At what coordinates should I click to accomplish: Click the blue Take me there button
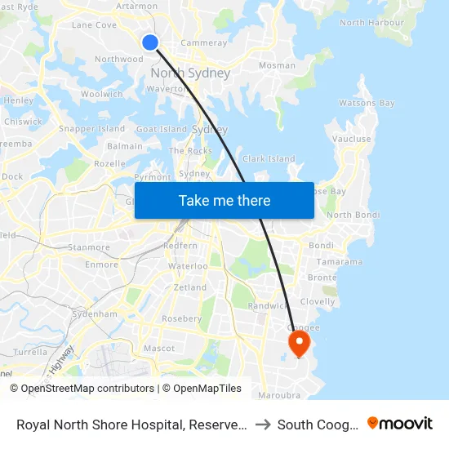(224, 200)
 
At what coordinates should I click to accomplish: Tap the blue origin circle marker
(150, 42)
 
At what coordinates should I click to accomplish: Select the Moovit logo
(400, 424)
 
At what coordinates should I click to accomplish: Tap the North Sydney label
(190, 73)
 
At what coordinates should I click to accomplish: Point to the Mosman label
(277, 65)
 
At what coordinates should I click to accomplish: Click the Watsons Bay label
(367, 104)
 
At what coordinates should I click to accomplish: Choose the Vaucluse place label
(352, 140)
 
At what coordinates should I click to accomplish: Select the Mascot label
(159, 349)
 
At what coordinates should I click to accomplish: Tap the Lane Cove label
(95, 25)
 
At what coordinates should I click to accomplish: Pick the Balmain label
(125, 146)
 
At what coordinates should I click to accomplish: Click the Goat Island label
(162, 129)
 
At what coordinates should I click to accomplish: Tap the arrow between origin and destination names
(263, 425)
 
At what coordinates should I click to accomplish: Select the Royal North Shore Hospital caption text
(131, 425)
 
